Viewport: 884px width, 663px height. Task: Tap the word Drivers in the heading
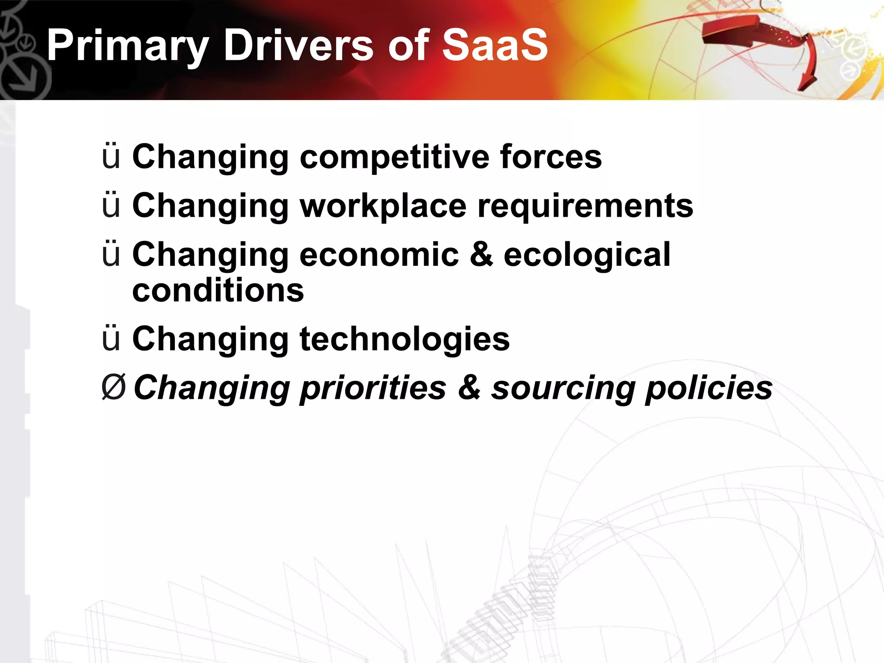click(298, 45)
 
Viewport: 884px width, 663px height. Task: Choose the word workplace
click(383, 206)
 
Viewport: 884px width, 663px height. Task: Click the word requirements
click(585, 206)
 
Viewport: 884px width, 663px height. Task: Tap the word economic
click(379, 254)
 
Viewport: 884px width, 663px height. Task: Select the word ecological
click(587, 255)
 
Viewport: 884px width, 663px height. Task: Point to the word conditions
click(218, 290)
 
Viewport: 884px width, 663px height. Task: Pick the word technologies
click(404, 339)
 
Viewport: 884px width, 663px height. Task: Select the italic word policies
click(709, 388)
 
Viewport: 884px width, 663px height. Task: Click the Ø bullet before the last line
click(114, 387)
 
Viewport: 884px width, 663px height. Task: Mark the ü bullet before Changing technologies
click(111, 338)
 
